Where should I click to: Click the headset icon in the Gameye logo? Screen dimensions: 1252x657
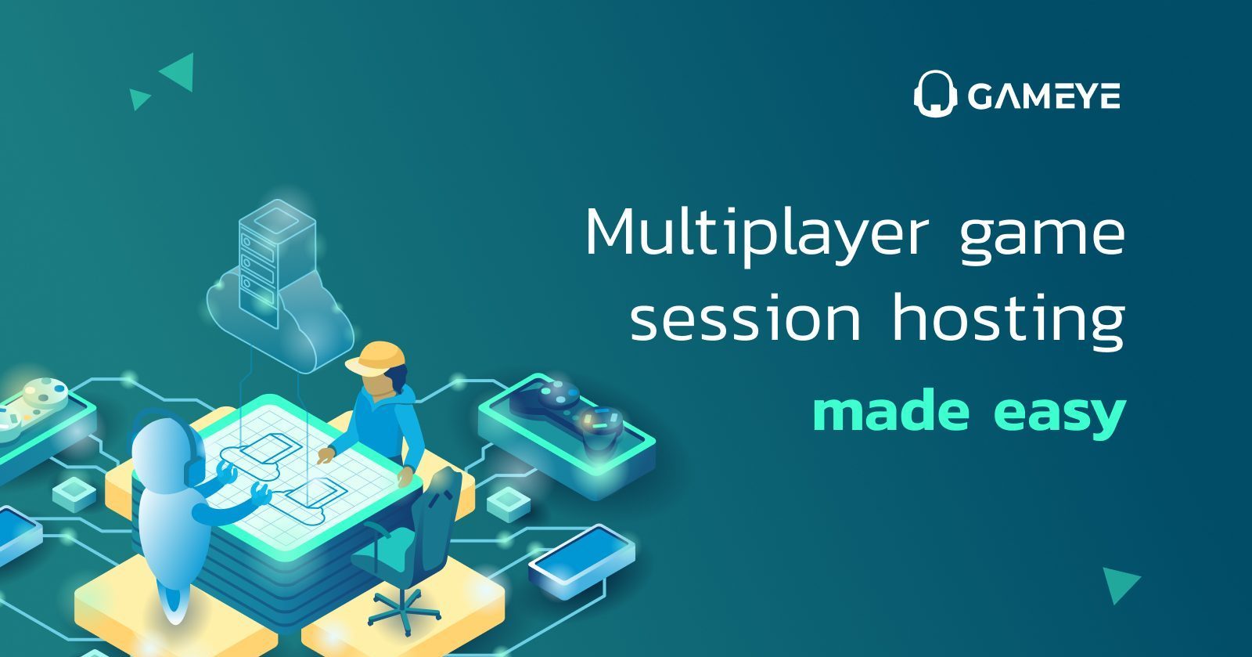(934, 93)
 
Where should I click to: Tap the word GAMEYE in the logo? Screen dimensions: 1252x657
(1044, 96)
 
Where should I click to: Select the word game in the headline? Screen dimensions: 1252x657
(1042, 240)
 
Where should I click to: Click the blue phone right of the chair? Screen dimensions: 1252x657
(581, 554)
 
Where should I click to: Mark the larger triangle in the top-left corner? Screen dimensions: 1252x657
(178, 71)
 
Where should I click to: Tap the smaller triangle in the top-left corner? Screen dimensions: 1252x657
(139, 99)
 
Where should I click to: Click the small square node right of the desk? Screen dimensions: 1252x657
(509, 504)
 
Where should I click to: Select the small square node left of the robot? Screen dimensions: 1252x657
(74, 493)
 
